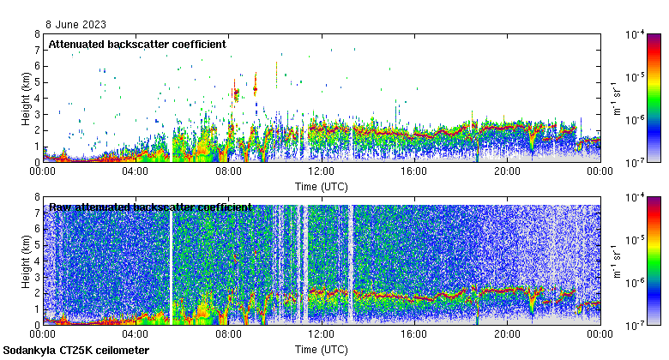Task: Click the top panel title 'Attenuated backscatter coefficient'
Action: click(137, 44)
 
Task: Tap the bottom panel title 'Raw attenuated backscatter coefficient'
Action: click(150, 207)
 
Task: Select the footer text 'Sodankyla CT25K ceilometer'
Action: click(76, 351)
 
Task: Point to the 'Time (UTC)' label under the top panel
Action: click(321, 186)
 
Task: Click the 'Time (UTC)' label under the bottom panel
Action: click(321, 350)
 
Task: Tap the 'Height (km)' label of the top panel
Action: click(27, 98)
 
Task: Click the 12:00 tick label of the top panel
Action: click(321, 171)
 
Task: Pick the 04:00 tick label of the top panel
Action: click(136, 171)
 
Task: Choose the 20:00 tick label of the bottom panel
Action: click(506, 334)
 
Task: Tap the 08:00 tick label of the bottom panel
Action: click(228, 334)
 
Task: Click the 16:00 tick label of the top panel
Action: click(413, 171)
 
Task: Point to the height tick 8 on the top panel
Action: click(37, 34)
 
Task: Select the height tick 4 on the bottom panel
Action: click(37, 261)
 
